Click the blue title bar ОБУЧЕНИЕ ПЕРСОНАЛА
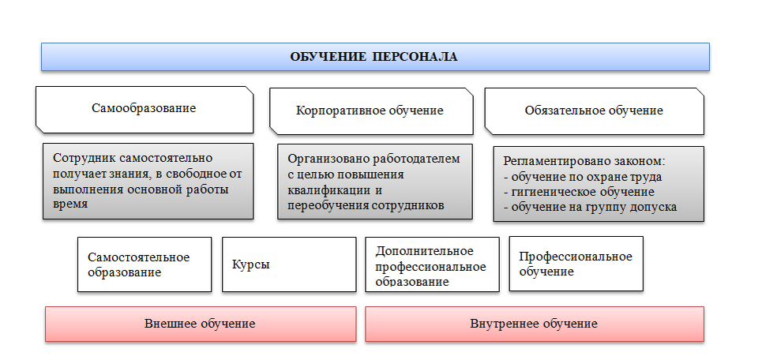click(375, 57)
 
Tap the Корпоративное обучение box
click(370, 111)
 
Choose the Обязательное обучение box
click(594, 111)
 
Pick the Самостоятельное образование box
click(145, 264)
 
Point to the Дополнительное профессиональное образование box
click(432, 264)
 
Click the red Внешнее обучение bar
click(200, 324)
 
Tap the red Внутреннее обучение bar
click(534, 324)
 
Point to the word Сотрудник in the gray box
click(81, 158)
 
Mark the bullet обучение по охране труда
click(582, 177)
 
